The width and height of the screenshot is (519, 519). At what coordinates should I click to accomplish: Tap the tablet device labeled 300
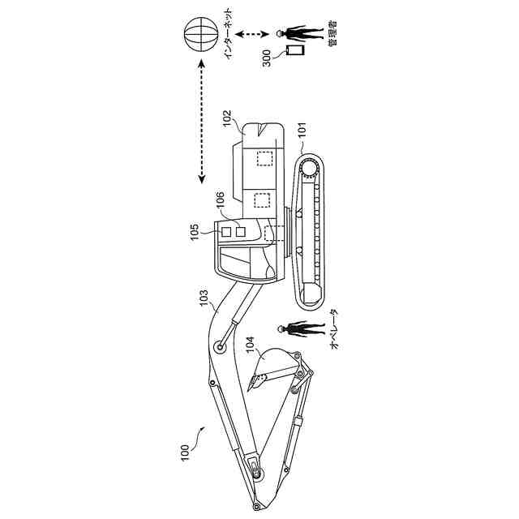pos(295,50)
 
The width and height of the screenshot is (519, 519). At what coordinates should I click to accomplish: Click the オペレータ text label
pos(333,328)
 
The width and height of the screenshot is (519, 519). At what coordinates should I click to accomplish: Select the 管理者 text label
pos(332,32)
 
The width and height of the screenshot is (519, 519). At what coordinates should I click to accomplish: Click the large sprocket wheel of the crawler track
pos(311,168)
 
